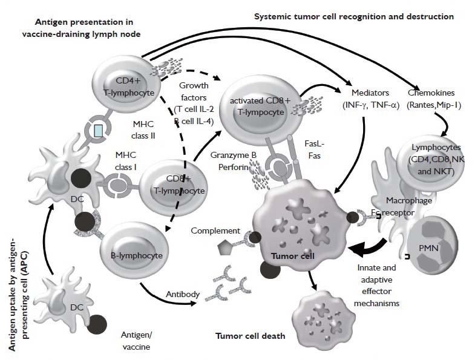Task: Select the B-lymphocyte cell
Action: click(136, 255)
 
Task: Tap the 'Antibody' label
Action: click(182, 294)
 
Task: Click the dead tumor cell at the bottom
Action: click(322, 317)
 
